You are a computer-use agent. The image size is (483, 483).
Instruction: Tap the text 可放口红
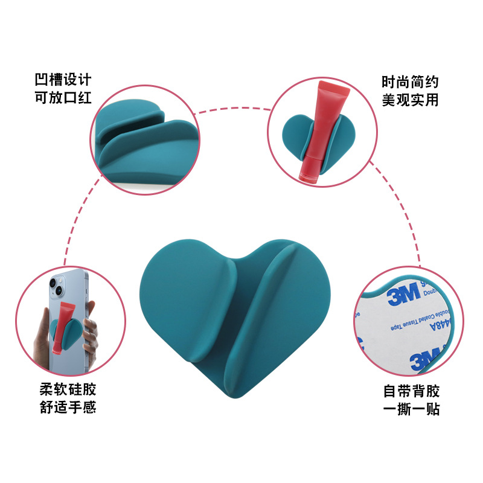(x=63, y=97)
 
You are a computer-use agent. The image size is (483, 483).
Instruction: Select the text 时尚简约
(x=410, y=82)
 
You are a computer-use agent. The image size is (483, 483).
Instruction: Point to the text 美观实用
(x=410, y=100)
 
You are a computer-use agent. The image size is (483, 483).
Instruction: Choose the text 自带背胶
(x=412, y=391)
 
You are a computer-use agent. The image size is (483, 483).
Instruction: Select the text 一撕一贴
(x=412, y=409)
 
